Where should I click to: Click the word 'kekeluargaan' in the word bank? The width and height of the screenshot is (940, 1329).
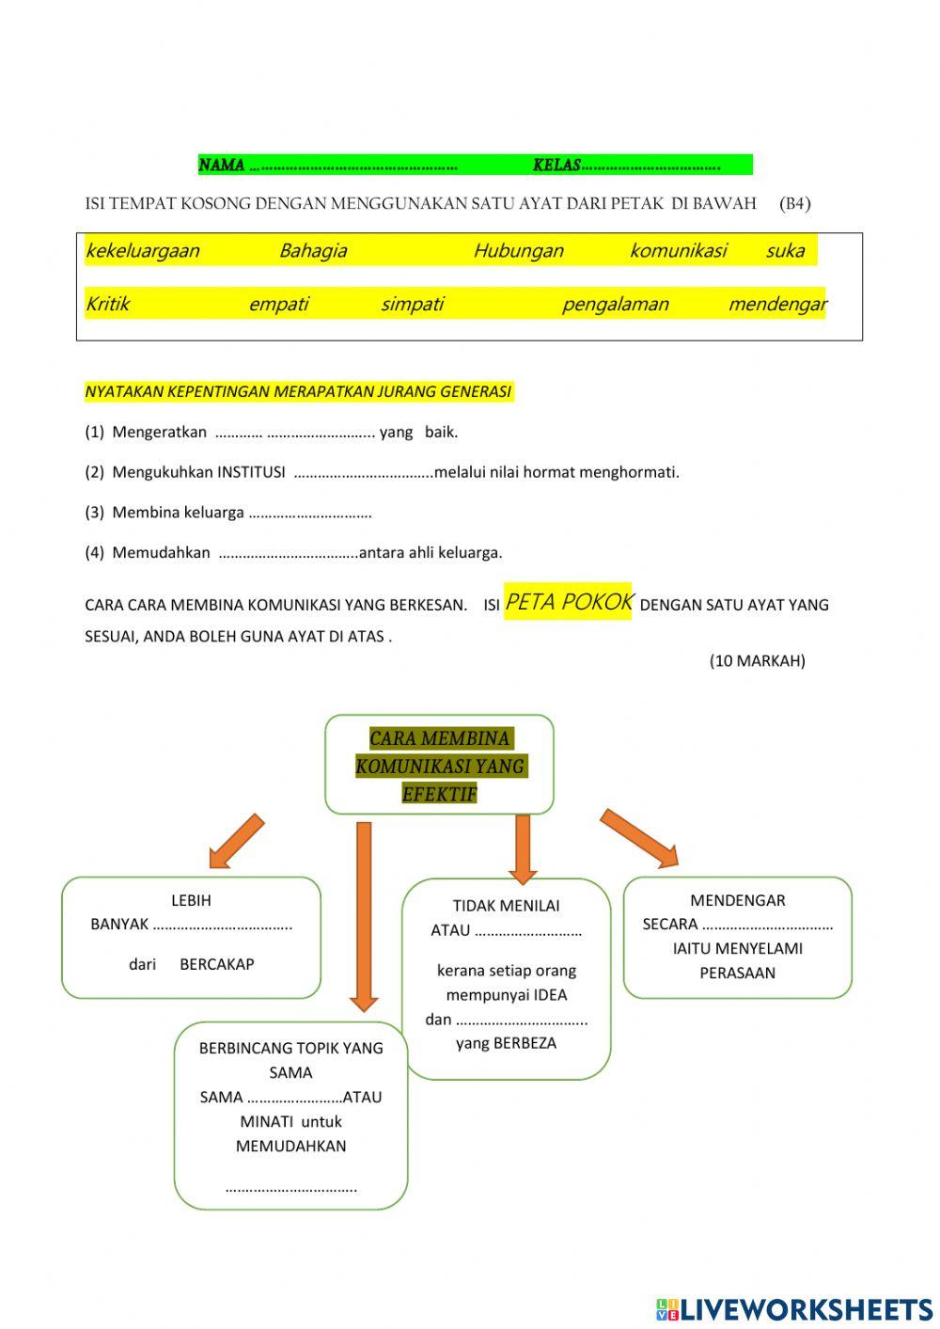click(x=142, y=251)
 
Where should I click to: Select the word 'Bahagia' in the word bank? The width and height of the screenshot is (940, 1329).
click(x=313, y=251)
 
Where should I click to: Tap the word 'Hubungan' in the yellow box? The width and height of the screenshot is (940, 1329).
click(x=518, y=251)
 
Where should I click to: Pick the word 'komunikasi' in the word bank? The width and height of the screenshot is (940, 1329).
click(x=678, y=251)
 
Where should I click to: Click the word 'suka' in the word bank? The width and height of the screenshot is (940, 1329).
click(x=785, y=251)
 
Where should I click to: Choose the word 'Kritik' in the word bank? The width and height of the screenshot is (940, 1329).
click(x=107, y=305)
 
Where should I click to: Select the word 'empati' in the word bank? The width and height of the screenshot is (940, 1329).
click(x=278, y=305)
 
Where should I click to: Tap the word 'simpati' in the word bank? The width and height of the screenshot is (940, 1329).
click(x=412, y=305)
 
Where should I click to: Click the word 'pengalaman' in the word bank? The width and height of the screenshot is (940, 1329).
click(x=615, y=305)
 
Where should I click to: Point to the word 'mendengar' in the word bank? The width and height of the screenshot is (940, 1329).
click(x=776, y=305)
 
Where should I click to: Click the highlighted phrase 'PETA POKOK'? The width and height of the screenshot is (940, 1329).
click(x=569, y=603)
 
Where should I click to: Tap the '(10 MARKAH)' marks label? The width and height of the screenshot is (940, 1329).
click(x=757, y=661)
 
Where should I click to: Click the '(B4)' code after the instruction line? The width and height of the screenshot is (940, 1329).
click(x=794, y=204)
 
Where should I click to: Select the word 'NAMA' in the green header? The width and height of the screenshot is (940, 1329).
click(x=222, y=166)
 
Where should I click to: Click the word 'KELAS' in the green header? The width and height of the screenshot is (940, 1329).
click(x=556, y=166)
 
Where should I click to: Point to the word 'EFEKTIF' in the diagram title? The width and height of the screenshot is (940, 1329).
click(x=439, y=794)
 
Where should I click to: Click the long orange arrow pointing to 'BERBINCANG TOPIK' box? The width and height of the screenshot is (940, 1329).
click(x=364, y=912)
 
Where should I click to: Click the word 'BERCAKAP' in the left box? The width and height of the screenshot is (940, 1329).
click(x=216, y=964)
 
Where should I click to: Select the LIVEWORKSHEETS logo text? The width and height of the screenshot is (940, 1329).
click(x=806, y=1309)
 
